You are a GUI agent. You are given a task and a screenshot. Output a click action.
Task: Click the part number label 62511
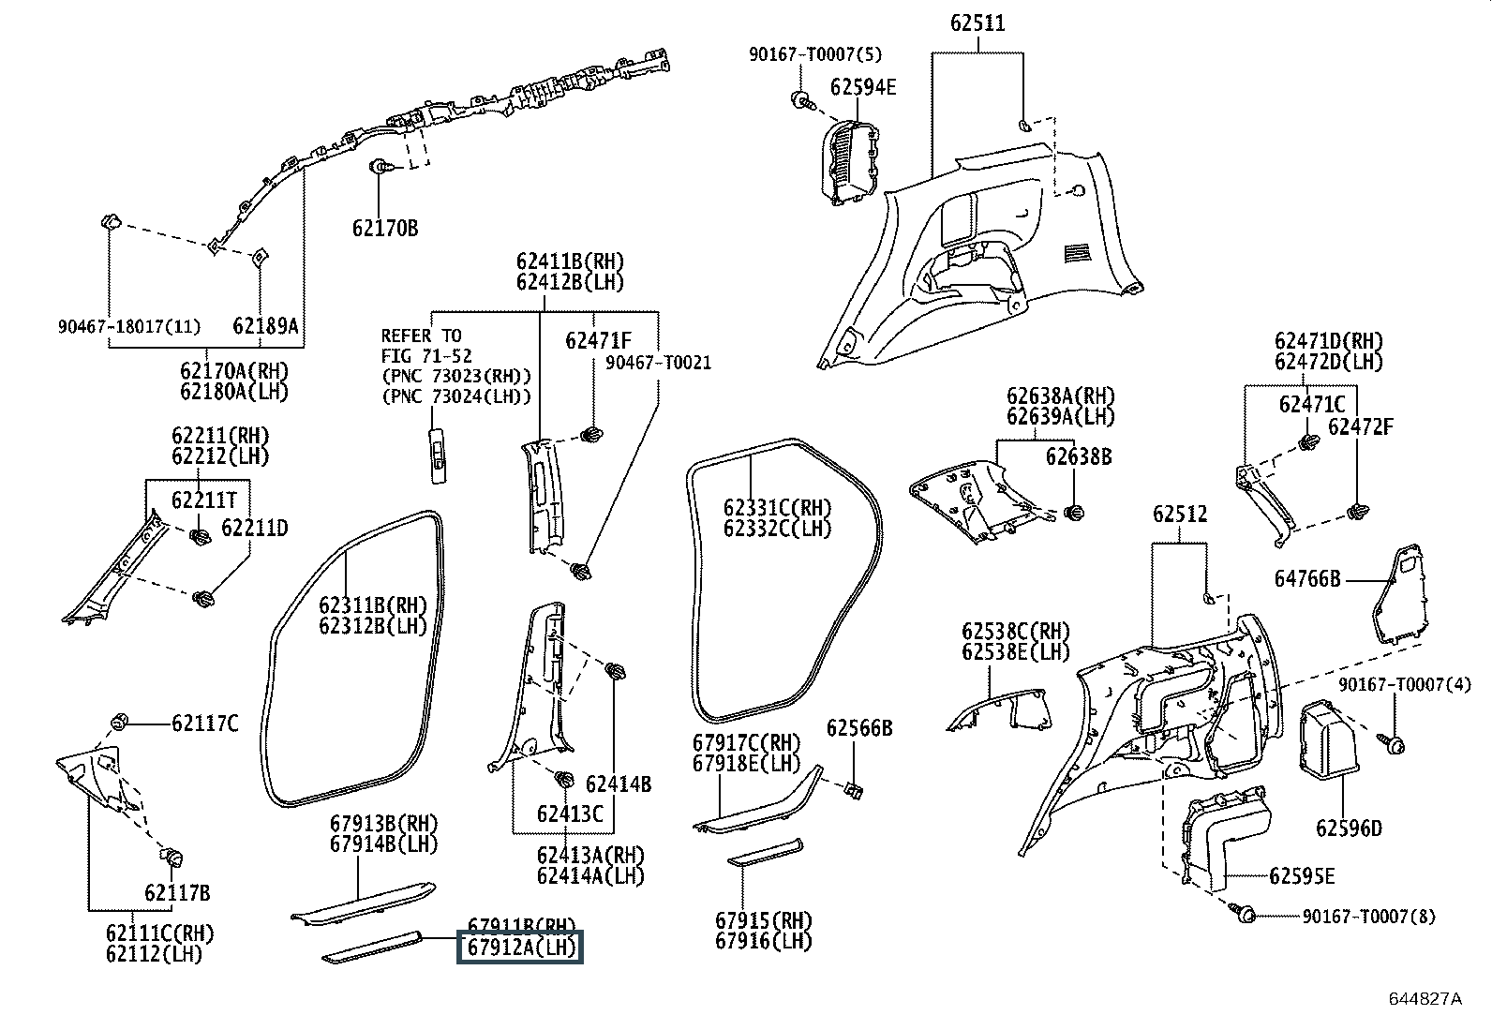[x=977, y=23]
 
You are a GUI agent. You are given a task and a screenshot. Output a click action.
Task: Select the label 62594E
[x=863, y=87]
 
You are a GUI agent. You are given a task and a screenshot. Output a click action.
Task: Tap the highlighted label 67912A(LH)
[x=519, y=948]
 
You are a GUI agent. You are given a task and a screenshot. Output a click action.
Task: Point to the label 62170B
[x=385, y=228]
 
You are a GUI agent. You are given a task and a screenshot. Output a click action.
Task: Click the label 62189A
[x=265, y=326]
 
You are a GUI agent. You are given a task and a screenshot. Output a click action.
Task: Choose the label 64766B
[x=1307, y=579]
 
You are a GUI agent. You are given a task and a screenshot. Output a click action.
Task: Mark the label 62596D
[x=1349, y=828]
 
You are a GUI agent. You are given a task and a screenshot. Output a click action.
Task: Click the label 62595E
[x=1302, y=876]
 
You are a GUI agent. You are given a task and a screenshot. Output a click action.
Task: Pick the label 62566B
[x=859, y=728]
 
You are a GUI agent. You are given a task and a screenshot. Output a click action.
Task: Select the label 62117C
[x=204, y=724]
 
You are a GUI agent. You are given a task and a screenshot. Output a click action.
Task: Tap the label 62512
[x=1180, y=515]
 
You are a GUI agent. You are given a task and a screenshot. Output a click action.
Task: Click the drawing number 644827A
[x=1425, y=998]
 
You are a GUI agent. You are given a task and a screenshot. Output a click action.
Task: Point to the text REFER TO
[x=422, y=336]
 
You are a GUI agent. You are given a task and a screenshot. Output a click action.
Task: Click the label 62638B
[x=1079, y=456]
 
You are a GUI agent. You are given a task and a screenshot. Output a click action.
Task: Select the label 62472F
[x=1360, y=426]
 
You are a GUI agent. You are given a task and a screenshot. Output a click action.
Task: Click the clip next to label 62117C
[x=120, y=722]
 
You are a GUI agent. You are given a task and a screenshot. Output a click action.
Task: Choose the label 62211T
[x=203, y=500]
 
